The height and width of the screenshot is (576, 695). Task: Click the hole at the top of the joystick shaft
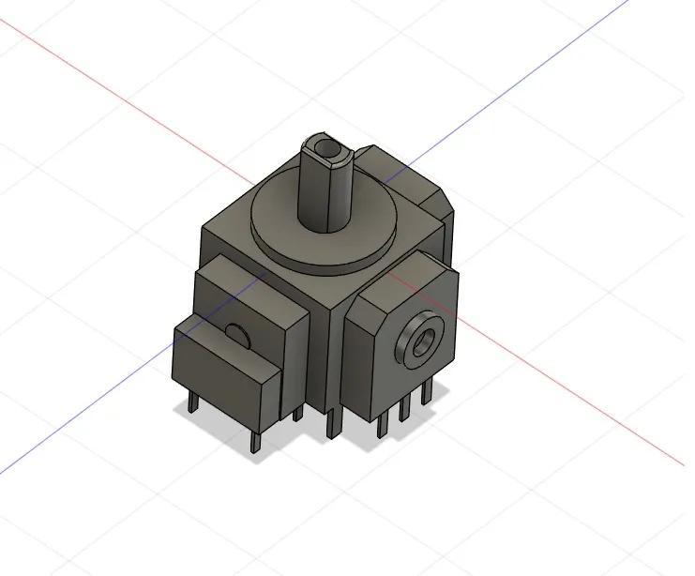(x=326, y=148)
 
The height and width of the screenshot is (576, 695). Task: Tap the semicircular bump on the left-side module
(x=237, y=333)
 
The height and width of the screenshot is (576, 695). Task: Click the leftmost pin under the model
(x=192, y=402)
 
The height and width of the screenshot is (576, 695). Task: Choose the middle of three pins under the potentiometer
(x=404, y=408)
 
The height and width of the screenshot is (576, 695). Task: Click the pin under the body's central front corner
(x=331, y=422)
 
